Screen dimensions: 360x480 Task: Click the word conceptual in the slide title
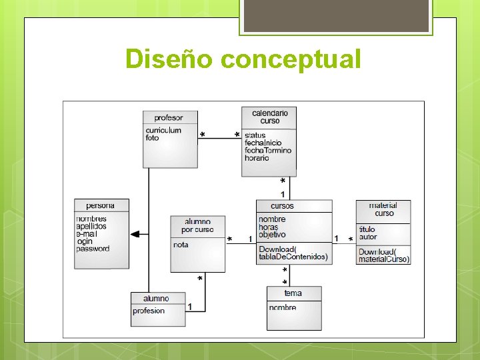290,59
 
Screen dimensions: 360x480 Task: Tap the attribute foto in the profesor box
153,138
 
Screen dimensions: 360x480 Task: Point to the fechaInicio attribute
263,143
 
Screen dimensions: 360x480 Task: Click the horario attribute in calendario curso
257,158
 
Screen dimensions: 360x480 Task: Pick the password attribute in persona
93,249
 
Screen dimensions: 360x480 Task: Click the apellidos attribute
91,227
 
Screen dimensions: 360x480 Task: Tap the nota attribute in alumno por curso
181,245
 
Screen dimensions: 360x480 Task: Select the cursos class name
282,206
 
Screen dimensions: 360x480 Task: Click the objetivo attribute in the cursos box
272,235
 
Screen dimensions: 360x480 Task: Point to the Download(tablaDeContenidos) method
293,253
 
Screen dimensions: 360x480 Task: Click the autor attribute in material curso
368,237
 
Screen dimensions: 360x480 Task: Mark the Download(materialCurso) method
384,255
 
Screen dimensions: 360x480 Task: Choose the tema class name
293,293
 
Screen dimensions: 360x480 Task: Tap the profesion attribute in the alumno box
149,311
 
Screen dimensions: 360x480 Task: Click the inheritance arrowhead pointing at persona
135,234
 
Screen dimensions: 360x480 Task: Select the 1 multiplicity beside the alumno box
190,307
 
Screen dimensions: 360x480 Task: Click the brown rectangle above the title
336,15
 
